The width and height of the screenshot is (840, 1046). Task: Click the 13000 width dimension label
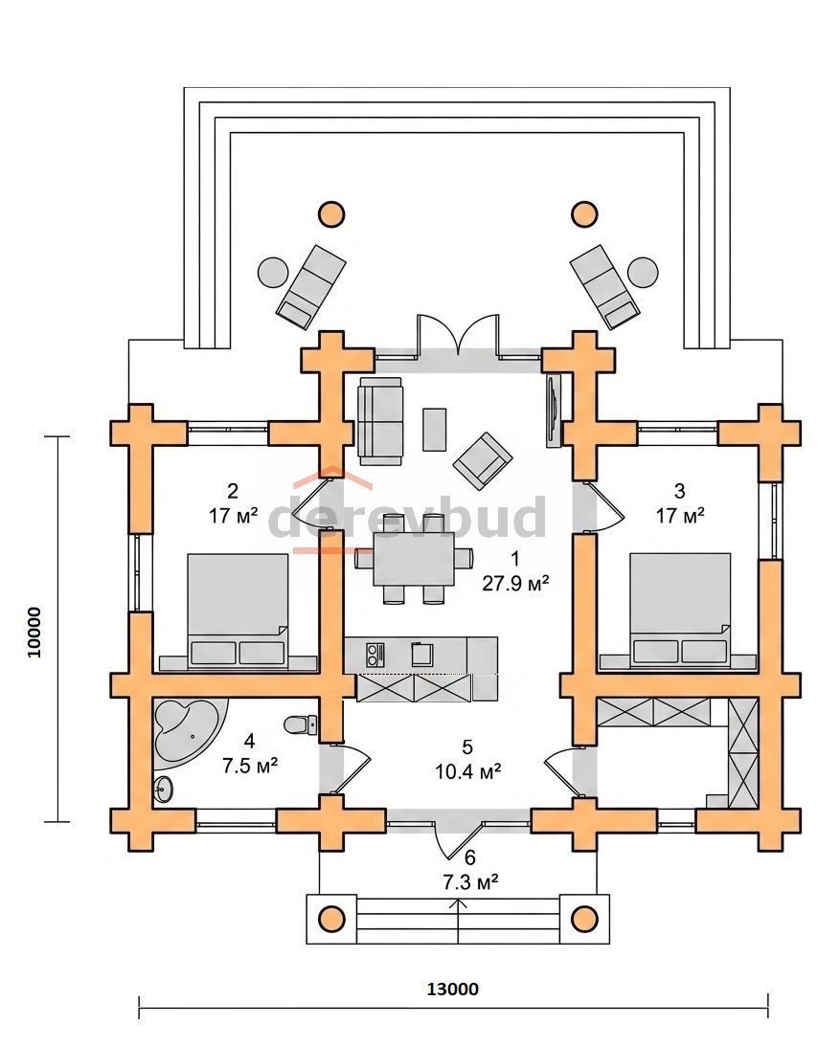[x=453, y=989]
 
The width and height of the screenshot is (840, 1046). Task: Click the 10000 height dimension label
[x=34, y=632]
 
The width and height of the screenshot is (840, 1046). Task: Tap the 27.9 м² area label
[x=515, y=583]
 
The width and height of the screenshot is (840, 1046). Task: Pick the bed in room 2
[x=238, y=610]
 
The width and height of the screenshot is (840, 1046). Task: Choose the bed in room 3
[x=680, y=610]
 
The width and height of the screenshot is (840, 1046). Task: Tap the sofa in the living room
[x=380, y=421]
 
